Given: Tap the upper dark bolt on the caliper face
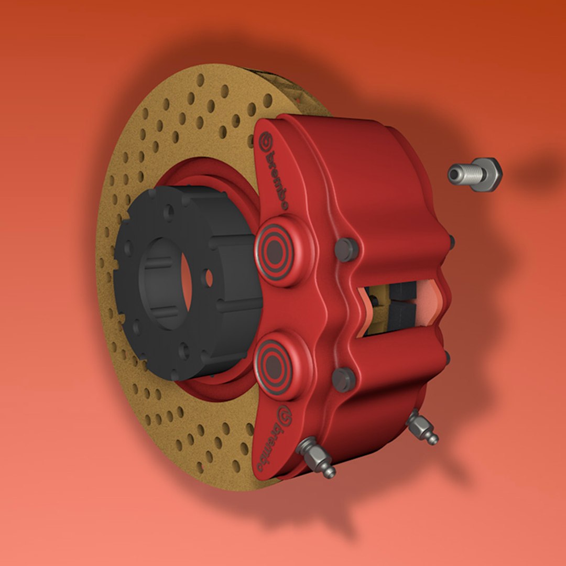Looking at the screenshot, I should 346,249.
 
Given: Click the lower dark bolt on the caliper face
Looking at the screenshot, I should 343,379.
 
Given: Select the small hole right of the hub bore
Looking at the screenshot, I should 209,278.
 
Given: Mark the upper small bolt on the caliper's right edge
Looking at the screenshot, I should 451,242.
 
